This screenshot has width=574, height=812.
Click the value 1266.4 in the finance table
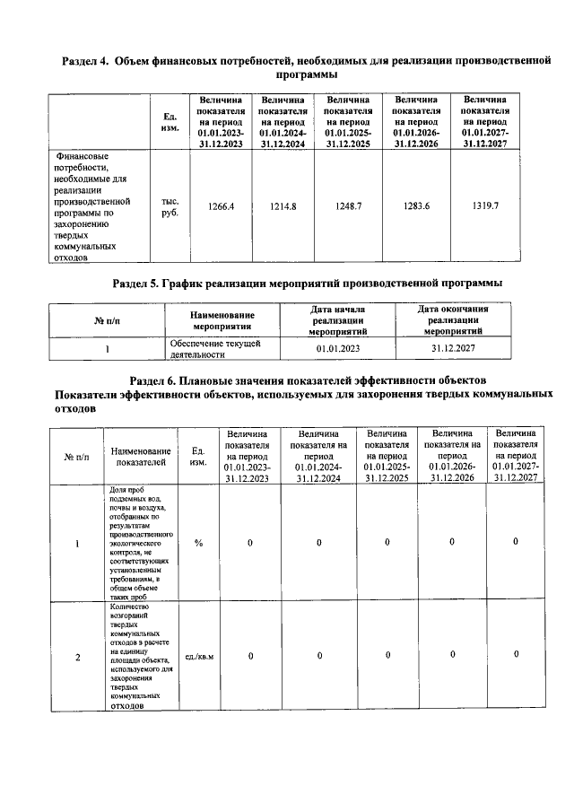coord(221,206)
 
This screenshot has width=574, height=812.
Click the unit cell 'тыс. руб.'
coord(170,207)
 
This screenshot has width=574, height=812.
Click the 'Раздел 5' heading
coord(307,283)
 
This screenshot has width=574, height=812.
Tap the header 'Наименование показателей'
coord(141,456)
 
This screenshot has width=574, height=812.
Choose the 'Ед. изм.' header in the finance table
coord(170,122)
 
